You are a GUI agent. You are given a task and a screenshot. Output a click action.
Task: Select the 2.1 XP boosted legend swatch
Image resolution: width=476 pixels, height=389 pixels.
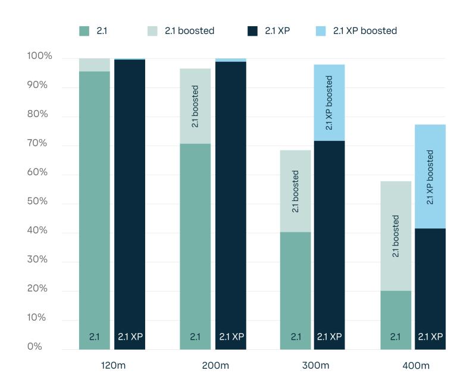point(321,31)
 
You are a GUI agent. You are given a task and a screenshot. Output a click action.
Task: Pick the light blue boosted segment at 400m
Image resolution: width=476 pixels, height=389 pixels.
point(430,176)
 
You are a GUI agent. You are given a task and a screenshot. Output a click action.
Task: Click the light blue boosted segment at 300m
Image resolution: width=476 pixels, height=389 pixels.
point(329,102)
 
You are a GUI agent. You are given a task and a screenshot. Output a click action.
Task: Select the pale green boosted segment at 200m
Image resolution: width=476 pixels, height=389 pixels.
point(195,106)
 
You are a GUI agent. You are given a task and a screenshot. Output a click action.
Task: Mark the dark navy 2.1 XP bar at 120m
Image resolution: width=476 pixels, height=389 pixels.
point(129,196)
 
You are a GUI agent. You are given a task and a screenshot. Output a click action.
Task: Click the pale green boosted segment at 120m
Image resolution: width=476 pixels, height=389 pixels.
point(95,65)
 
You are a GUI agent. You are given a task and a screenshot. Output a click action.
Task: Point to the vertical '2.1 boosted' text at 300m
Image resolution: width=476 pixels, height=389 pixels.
point(296,192)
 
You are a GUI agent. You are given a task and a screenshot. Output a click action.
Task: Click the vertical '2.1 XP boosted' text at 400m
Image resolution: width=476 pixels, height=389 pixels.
point(430,177)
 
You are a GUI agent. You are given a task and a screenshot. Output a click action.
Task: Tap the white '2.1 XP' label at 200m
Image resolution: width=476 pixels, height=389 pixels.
point(231,337)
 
